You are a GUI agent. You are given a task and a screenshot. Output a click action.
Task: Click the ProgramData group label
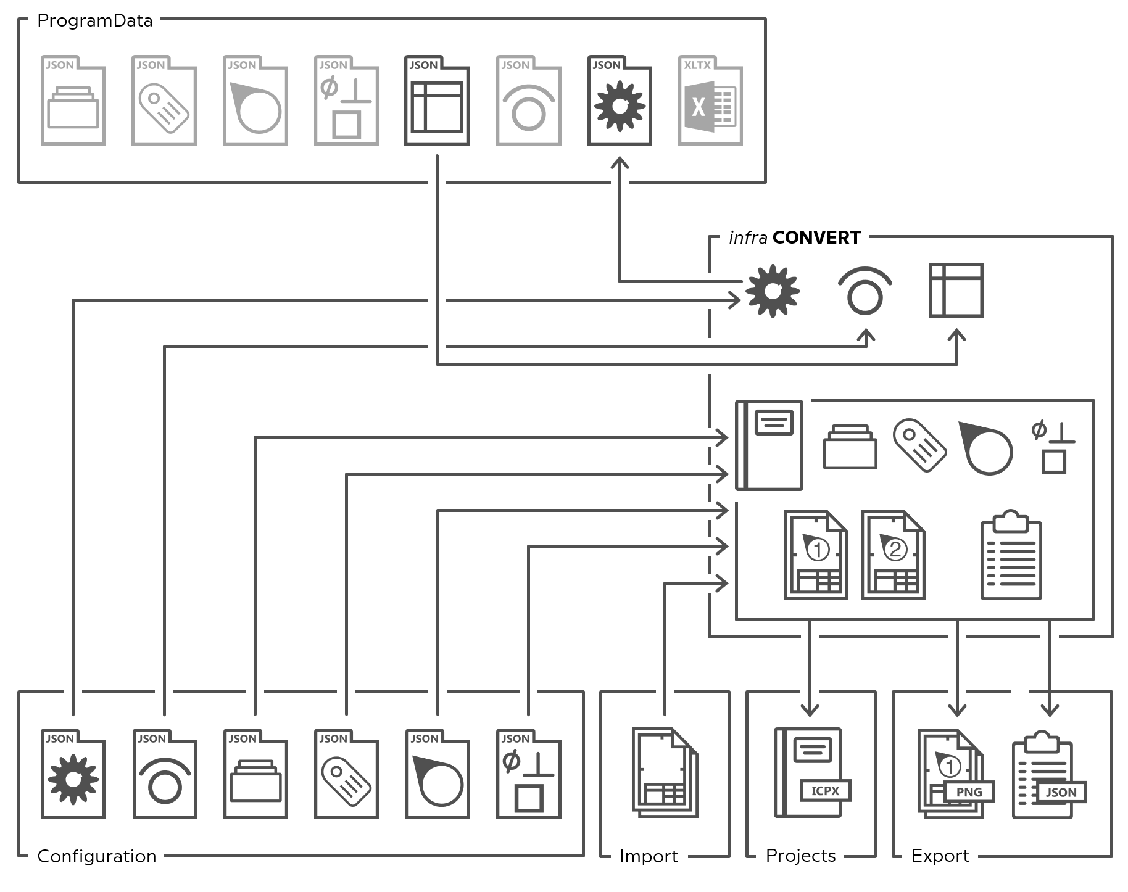(x=94, y=21)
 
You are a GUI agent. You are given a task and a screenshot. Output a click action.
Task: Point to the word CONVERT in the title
(x=816, y=237)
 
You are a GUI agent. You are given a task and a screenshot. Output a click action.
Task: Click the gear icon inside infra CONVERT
(x=773, y=291)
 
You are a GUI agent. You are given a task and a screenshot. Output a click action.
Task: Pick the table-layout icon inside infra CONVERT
(x=956, y=291)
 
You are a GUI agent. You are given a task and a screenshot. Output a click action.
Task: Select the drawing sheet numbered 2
(x=892, y=555)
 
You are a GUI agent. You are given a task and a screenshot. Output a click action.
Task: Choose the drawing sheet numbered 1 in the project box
(x=816, y=555)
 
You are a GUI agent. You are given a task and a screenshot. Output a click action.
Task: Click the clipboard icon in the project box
(x=1011, y=555)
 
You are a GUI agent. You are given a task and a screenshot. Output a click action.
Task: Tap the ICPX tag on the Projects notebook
(x=825, y=791)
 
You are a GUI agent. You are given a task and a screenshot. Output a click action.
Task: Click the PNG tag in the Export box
(x=969, y=792)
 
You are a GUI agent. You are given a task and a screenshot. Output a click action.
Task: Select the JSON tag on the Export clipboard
(x=1061, y=792)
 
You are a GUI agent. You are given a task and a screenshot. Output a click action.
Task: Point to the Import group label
(x=649, y=856)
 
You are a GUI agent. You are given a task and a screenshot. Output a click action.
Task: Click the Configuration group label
(x=97, y=856)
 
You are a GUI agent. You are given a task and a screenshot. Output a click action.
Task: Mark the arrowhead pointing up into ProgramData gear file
(x=620, y=163)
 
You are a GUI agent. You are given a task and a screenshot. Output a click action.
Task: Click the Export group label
(x=940, y=856)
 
